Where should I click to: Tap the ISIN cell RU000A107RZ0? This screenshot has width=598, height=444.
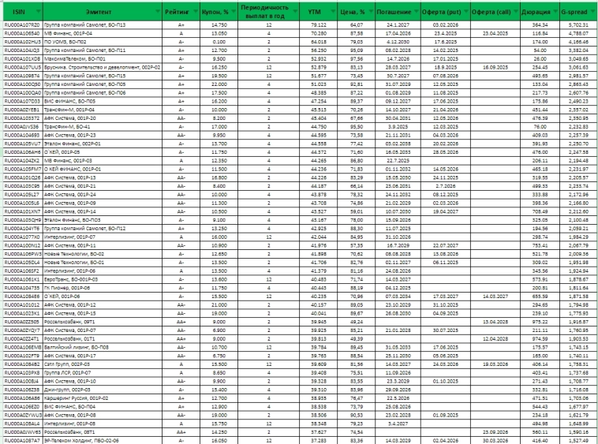pyautogui.click(x=22, y=25)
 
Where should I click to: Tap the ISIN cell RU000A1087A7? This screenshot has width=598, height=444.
pyautogui.click(x=22, y=439)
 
